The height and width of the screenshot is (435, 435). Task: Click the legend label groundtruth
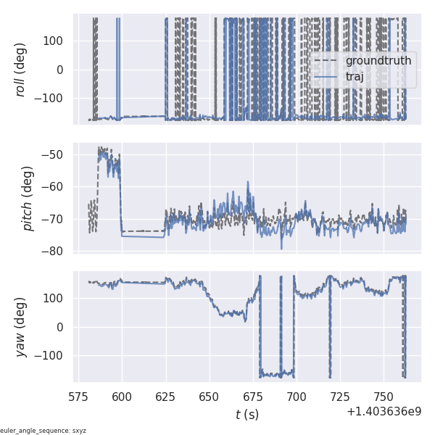(x=378, y=61)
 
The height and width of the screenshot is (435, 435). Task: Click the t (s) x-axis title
(x=247, y=415)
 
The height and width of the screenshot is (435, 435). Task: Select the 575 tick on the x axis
(x=78, y=397)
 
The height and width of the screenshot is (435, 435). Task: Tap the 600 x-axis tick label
(x=122, y=397)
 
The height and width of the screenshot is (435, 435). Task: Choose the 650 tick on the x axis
(x=210, y=397)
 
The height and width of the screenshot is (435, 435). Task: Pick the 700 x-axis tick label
(x=297, y=397)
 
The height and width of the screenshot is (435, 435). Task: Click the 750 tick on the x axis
(x=384, y=397)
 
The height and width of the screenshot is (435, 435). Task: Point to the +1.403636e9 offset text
(x=384, y=412)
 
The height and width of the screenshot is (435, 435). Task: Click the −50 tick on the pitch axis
(x=57, y=154)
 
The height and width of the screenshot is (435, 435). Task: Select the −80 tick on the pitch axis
(x=57, y=252)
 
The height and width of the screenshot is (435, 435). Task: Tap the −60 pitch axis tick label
(x=57, y=187)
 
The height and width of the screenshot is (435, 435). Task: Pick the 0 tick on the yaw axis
(x=63, y=327)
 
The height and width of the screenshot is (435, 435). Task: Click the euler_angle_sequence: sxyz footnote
(x=43, y=431)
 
